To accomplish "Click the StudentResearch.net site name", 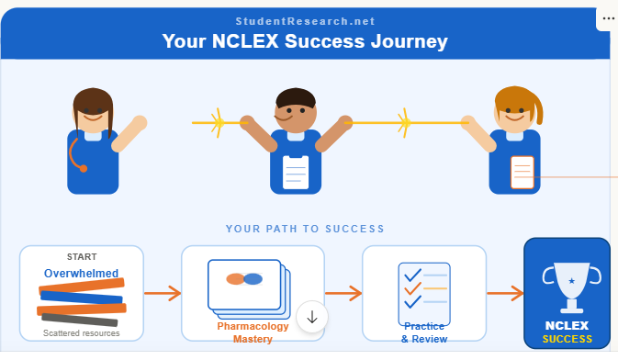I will [x=305, y=21].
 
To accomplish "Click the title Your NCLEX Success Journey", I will [x=305, y=41].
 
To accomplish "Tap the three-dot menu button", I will [x=609, y=17].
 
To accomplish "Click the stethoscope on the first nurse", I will [x=77, y=157].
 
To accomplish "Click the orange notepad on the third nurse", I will [x=522, y=172].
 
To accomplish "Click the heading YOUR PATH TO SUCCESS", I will [x=305, y=229].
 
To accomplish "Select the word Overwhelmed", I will [x=81, y=273].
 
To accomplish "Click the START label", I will [x=81, y=256].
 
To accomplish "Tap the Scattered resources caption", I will [x=81, y=332].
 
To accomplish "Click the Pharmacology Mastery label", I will [x=253, y=332].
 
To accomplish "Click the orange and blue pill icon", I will [x=244, y=279].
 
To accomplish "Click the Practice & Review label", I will [x=424, y=332].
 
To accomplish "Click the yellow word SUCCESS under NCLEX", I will [x=567, y=339].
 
